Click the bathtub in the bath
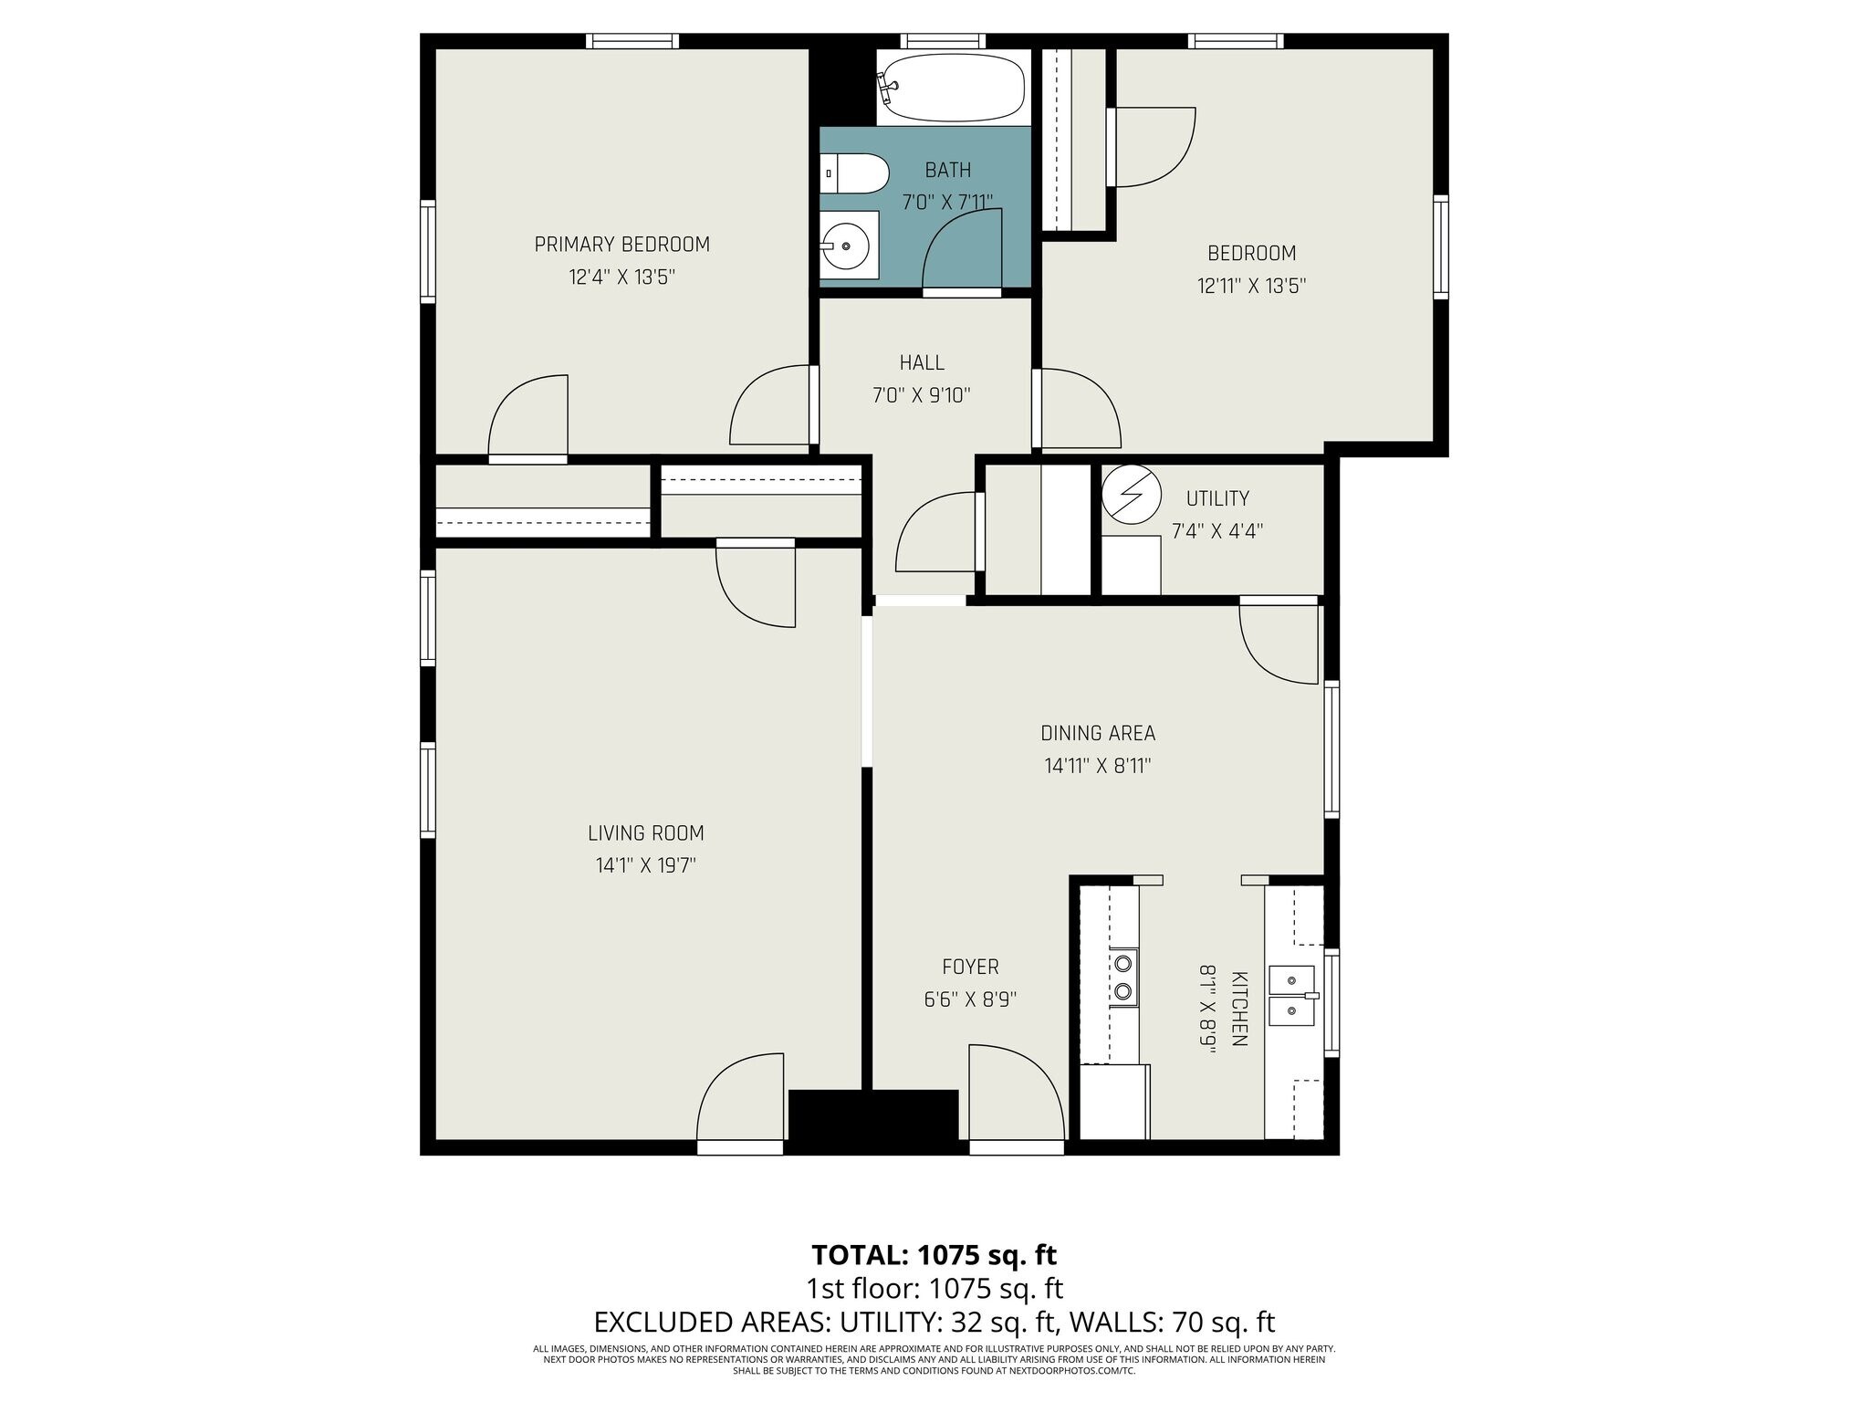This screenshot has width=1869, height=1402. (x=954, y=87)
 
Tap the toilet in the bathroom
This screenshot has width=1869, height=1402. (x=854, y=173)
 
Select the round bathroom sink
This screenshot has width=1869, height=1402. (x=850, y=246)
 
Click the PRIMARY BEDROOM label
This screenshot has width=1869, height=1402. (x=621, y=245)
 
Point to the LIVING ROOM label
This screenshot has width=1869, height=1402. (x=645, y=833)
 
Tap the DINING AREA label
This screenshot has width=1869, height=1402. (x=1098, y=733)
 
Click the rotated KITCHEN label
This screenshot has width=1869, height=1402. (x=1239, y=1008)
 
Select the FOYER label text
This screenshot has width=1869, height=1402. (x=970, y=967)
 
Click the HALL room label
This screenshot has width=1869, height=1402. (x=922, y=362)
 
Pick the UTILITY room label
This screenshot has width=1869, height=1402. (x=1217, y=498)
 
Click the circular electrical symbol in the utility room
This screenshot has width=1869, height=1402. (x=1131, y=495)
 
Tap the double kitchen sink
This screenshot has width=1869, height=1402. (x=1292, y=995)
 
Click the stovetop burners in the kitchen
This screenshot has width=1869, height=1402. (x=1123, y=978)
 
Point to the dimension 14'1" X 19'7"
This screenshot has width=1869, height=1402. (x=646, y=865)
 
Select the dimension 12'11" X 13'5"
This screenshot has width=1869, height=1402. (x=1252, y=286)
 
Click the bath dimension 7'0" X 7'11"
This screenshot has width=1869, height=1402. (x=947, y=202)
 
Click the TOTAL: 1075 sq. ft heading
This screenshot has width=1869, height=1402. (x=934, y=1255)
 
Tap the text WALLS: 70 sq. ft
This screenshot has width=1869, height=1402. (x=1172, y=1323)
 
